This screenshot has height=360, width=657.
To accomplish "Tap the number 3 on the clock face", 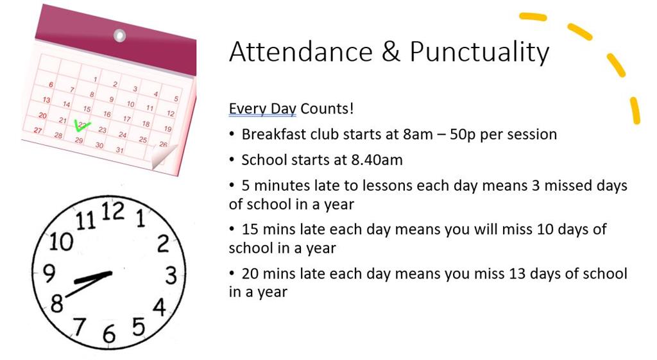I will pyautogui.click(x=170, y=275).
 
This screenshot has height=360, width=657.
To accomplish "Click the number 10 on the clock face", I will pyautogui.click(x=62, y=242).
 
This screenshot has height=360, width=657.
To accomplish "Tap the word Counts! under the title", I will pyautogui.click(x=327, y=108).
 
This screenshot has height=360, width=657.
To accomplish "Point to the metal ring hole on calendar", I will pyautogui.click(x=119, y=35).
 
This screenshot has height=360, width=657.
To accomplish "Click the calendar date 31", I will pyautogui.click(x=119, y=150).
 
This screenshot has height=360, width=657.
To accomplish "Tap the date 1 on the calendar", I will pyautogui.click(x=96, y=80).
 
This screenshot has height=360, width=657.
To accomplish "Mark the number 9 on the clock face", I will pyautogui.click(x=49, y=272).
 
